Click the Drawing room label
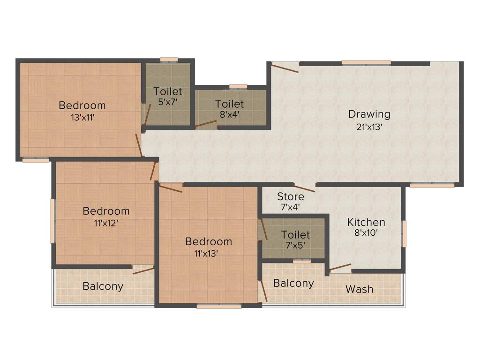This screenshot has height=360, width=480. (x=369, y=114)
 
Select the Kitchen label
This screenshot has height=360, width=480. (x=366, y=222)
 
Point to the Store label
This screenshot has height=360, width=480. (x=290, y=196)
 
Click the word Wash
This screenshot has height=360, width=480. (x=360, y=289)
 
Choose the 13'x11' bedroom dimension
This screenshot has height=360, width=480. (x=82, y=117)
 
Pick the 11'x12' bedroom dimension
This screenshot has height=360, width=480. (x=106, y=223)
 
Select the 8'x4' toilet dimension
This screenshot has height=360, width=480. (x=229, y=113)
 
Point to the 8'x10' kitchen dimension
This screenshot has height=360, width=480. (x=366, y=232)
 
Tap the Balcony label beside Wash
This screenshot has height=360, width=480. (x=293, y=283)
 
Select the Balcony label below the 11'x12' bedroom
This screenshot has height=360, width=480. (x=103, y=286)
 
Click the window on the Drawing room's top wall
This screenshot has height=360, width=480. (x=366, y=62)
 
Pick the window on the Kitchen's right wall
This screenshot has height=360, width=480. (x=404, y=233)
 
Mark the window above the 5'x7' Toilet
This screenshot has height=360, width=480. (x=169, y=60)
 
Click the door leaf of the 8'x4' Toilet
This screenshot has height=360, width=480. (x=206, y=124)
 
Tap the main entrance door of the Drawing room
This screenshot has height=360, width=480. (x=285, y=68)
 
